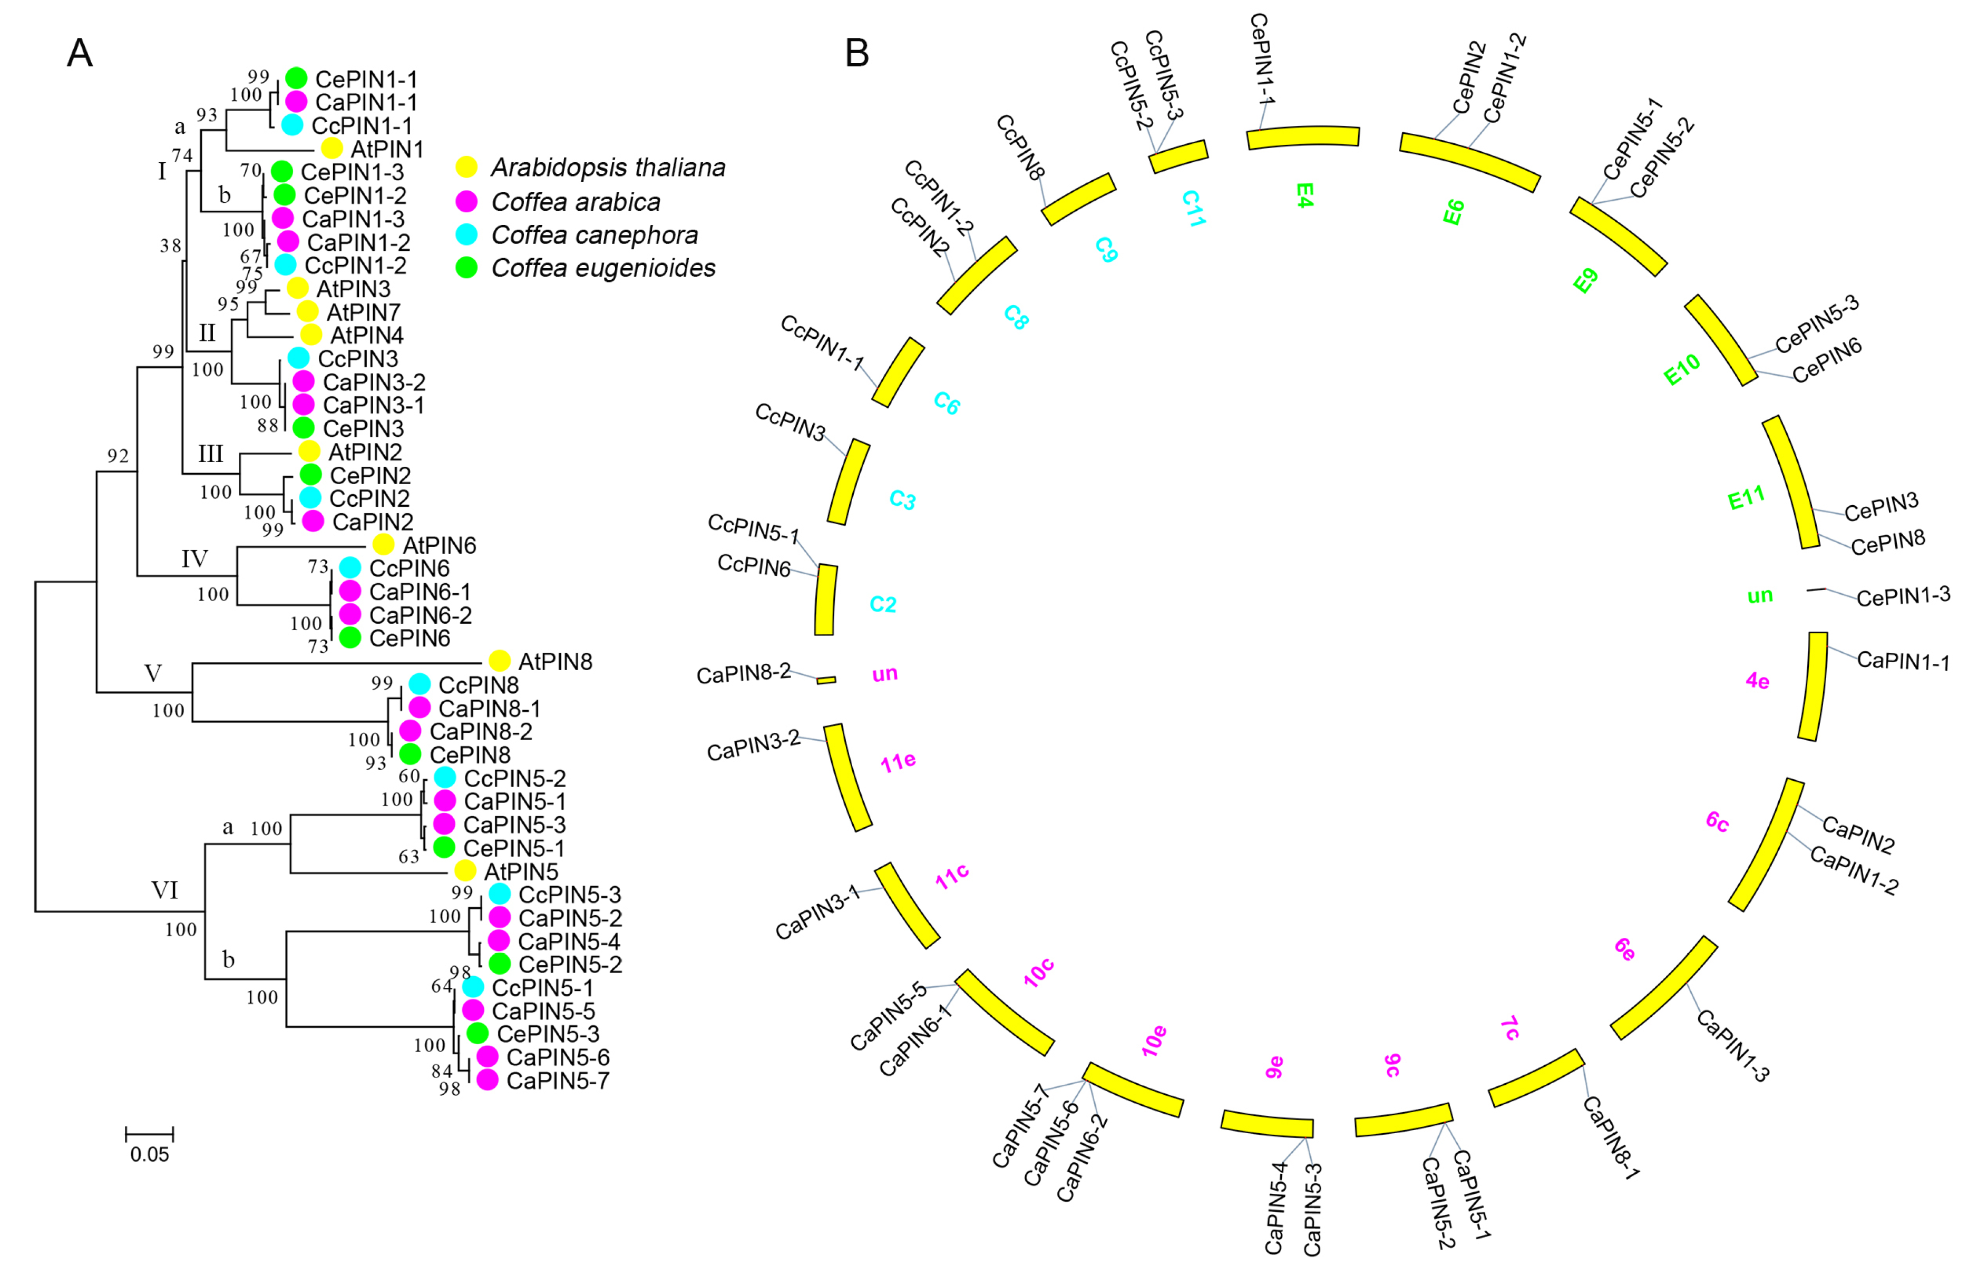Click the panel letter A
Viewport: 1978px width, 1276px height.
point(80,53)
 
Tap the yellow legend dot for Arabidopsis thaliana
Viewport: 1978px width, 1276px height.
point(466,166)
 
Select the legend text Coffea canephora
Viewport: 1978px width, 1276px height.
point(594,235)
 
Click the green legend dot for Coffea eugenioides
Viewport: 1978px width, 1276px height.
point(466,268)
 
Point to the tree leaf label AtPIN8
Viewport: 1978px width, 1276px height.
point(555,661)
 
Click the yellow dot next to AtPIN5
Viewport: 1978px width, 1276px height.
point(465,871)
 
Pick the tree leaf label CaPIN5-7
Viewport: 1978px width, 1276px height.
point(558,1081)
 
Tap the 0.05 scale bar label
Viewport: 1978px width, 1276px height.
point(149,1154)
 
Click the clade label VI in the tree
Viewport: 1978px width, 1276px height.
point(164,890)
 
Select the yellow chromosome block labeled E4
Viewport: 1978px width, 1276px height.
point(1303,137)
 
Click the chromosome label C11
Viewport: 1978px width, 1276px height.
point(1193,208)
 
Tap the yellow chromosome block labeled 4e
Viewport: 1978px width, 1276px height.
point(1813,686)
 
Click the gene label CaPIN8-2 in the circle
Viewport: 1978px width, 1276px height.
point(743,674)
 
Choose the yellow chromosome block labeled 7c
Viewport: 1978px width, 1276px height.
point(1536,1077)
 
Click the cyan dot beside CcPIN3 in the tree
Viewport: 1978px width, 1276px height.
point(298,358)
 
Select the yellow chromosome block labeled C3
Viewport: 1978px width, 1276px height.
point(849,482)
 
